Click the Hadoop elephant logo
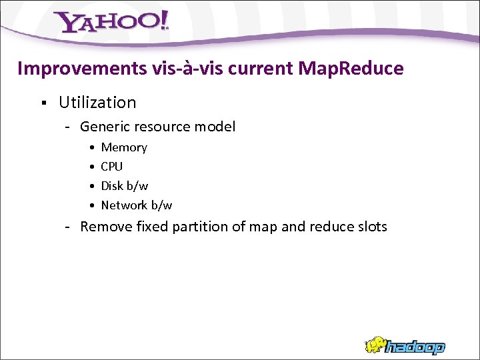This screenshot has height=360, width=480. coord(405,345)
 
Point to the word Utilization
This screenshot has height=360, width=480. coord(97,103)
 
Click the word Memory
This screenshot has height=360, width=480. coord(124,147)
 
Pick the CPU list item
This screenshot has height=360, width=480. coord(112,167)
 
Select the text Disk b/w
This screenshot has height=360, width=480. coord(125,186)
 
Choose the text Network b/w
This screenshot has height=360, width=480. coord(137,205)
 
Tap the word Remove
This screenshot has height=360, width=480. coord(106,227)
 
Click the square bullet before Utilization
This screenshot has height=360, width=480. coord(42,103)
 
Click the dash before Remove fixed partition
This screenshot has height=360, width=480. coord(68,227)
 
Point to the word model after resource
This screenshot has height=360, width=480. coord(217,127)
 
